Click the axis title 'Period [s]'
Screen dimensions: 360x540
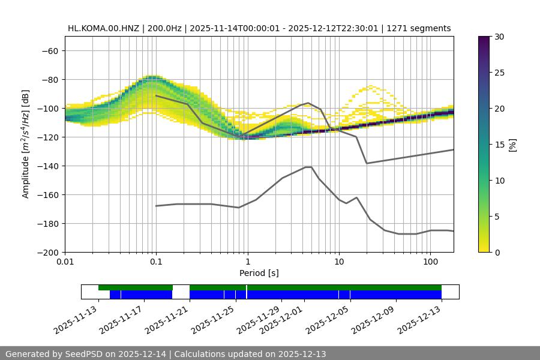pos(259,273)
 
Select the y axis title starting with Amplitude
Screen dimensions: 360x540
pos(25,144)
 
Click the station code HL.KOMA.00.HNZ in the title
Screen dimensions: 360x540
pos(104,28)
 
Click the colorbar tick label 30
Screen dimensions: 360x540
pos(499,37)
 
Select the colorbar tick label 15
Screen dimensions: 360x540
pos(499,145)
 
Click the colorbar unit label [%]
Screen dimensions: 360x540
pos(512,145)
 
